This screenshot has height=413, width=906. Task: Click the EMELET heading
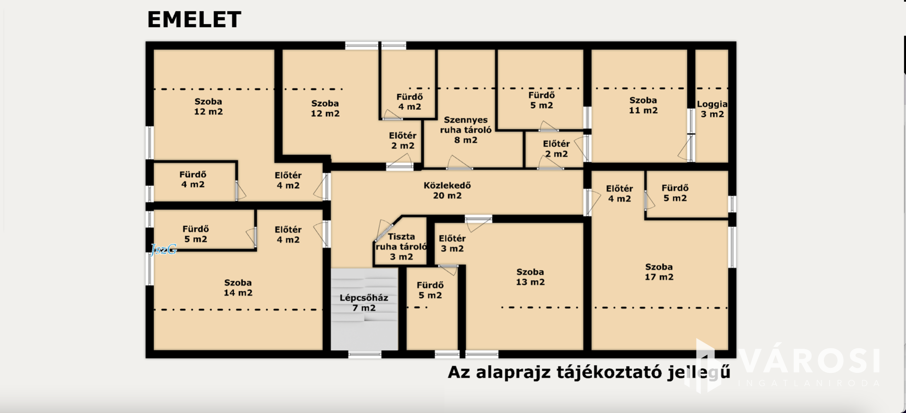194,19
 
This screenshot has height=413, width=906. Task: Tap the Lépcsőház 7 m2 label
364,303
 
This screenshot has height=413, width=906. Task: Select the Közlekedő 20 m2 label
447,190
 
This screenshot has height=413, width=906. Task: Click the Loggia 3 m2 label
712,109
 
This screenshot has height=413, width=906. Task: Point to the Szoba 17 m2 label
659,272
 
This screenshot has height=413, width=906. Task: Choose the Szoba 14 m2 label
238,287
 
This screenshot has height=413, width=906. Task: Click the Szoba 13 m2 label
530,277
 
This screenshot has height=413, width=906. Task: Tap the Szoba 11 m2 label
643,105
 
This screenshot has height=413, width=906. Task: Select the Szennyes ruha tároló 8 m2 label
466,130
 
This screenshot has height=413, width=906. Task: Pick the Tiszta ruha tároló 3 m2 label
402,246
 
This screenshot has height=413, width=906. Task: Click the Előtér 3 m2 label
452,244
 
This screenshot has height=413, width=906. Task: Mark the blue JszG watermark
164,249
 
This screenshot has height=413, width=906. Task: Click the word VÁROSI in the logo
810,361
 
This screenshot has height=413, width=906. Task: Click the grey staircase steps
364,309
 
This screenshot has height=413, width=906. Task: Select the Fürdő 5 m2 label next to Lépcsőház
430,290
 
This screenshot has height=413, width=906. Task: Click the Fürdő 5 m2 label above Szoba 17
675,193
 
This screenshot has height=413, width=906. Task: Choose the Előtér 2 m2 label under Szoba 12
403,141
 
